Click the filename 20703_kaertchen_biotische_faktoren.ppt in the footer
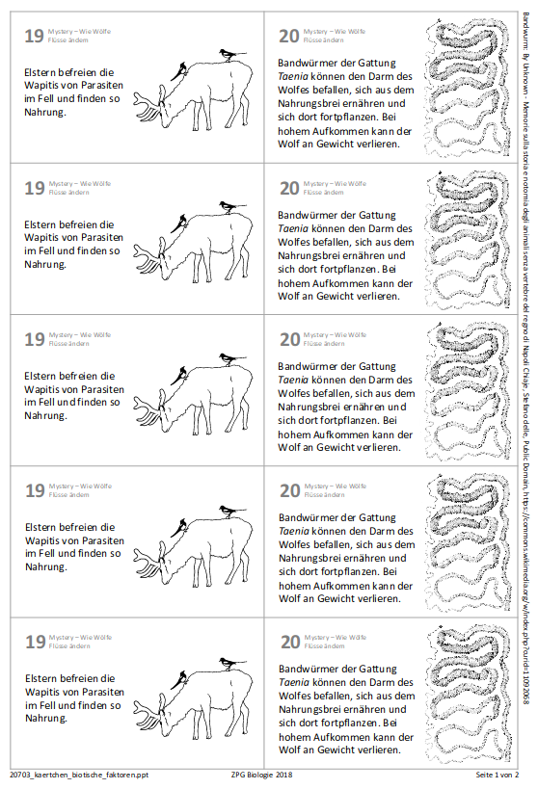click(x=79, y=774)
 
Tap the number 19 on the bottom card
click(x=34, y=643)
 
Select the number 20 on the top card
click(x=288, y=38)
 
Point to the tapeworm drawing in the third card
click(x=467, y=392)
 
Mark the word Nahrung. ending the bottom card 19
click(x=45, y=718)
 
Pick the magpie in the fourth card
click(x=229, y=511)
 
